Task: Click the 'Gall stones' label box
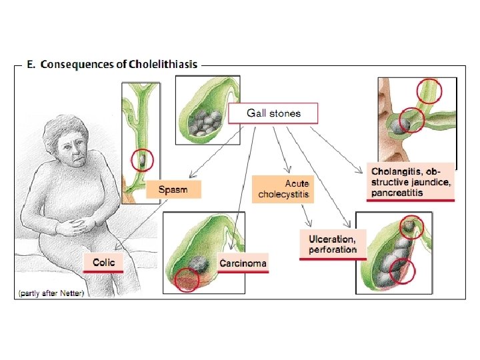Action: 273,113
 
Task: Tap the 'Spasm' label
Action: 173,190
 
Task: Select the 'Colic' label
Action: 103,263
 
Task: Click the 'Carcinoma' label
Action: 243,263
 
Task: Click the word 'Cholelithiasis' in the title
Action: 163,64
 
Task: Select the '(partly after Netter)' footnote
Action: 51,293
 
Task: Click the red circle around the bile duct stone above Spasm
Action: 142,160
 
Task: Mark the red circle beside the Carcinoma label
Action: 187,281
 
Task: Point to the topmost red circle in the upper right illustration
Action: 429,91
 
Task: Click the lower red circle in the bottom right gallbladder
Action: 402,271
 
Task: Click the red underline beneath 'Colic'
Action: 103,272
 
